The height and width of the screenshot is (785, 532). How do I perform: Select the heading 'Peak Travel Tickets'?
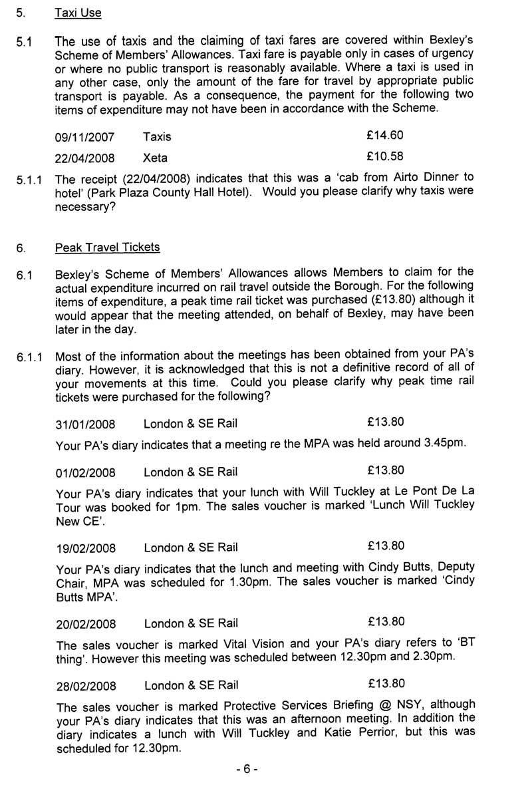tap(108, 247)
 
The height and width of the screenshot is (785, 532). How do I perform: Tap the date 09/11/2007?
tap(85, 138)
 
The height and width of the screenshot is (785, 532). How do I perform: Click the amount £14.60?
tap(385, 136)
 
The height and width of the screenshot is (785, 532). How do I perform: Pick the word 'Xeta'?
tap(156, 158)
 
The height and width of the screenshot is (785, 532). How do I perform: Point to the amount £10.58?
tap(385, 157)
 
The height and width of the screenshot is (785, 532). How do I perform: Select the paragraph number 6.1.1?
tap(31, 358)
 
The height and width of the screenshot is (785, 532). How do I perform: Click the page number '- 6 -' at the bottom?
tap(246, 769)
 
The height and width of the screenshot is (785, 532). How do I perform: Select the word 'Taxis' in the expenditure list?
tap(157, 137)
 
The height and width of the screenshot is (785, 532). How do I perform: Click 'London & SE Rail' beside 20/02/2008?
tap(191, 624)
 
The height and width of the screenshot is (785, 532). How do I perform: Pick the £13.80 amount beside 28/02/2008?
tap(385, 684)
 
